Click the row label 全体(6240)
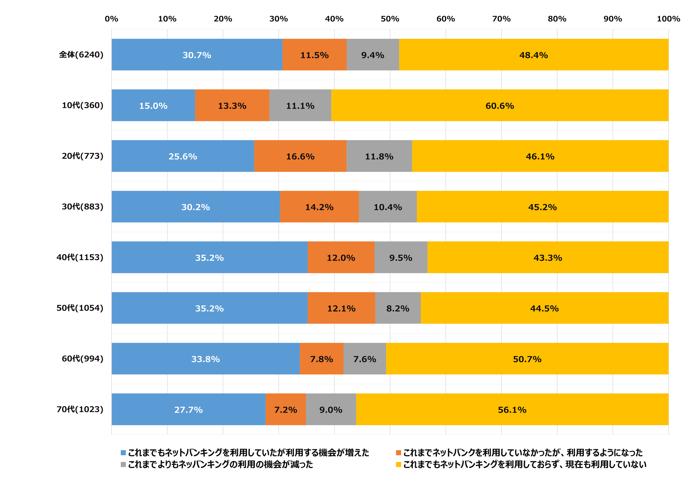[81, 55]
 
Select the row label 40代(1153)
[80, 257]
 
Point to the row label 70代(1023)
[80, 409]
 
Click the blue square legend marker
[123, 452]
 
